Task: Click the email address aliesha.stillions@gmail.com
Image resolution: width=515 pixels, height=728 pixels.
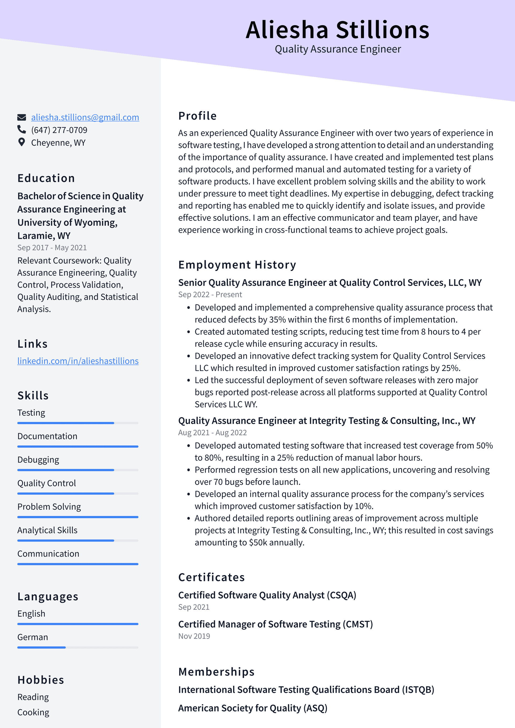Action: [x=85, y=117]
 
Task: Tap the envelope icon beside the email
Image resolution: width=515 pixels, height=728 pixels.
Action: [x=21, y=117]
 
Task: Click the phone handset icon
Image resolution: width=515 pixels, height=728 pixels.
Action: [x=21, y=129]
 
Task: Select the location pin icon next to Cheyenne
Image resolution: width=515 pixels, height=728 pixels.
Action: [x=21, y=142]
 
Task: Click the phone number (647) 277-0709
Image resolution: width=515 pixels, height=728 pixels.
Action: [x=59, y=130]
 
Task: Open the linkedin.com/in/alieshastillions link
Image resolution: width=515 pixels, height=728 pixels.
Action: [x=78, y=361]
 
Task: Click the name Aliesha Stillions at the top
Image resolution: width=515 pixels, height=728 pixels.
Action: [x=337, y=30]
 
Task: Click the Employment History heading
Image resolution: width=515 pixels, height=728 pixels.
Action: [x=237, y=265]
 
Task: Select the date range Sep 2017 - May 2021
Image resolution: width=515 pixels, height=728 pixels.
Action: [x=52, y=248]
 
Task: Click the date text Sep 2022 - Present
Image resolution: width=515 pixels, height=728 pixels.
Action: [x=210, y=295]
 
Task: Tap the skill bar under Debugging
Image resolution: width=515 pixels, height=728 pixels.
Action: [x=78, y=470]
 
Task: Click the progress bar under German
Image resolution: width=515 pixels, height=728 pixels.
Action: [x=78, y=647]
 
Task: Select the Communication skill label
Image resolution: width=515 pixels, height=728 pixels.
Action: [x=48, y=554]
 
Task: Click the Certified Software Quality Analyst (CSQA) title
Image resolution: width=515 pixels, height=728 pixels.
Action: [x=267, y=595]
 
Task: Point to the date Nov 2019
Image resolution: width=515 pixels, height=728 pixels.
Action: [x=194, y=636]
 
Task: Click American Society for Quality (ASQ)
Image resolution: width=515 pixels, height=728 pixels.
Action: [x=252, y=708]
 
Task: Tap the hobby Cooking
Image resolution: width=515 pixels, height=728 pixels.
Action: [x=33, y=712]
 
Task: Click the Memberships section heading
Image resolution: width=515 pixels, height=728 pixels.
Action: [x=216, y=672]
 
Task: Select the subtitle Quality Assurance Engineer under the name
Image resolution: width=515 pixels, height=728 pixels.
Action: [x=338, y=49]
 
